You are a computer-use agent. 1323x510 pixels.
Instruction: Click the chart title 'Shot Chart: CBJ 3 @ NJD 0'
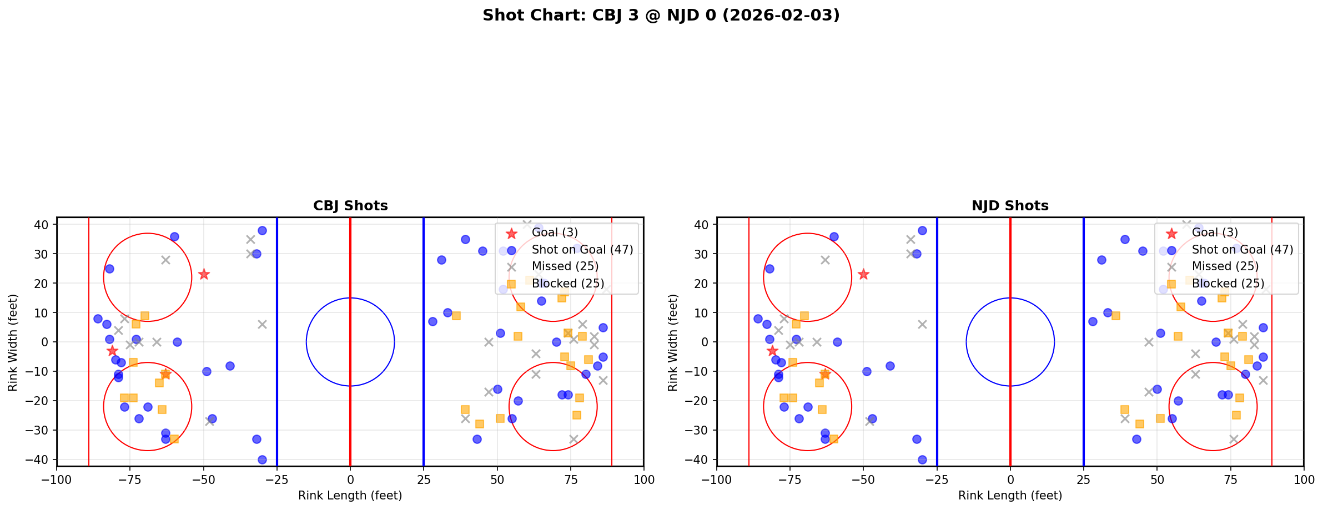tap(661, 15)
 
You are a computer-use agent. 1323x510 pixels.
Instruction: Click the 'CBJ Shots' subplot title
tap(350, 206)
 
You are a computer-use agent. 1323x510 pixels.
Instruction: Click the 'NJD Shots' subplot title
tap(1010, 206)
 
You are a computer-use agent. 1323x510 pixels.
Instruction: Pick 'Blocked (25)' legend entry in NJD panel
tap(1228, 284)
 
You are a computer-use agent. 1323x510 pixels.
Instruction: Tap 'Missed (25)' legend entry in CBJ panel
tap(565, 266)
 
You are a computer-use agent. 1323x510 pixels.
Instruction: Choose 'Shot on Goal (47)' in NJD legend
tap(1242, 250)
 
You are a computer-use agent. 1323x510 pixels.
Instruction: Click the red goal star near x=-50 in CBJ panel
tap(204, 274)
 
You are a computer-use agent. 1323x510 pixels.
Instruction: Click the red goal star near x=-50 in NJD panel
tap(863, 274)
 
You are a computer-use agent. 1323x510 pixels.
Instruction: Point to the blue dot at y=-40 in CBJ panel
tap(262, 459)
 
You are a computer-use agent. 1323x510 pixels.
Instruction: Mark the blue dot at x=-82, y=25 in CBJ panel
tap(109, 269)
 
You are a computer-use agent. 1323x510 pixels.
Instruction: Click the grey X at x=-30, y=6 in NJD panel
tap(922, 324)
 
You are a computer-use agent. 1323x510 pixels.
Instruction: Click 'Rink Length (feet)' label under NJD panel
tap(1010, 496)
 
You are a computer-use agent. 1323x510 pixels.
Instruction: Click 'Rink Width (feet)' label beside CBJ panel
tap(13, 342)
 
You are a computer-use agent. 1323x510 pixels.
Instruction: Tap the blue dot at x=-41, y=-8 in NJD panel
tap(890, 366)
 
